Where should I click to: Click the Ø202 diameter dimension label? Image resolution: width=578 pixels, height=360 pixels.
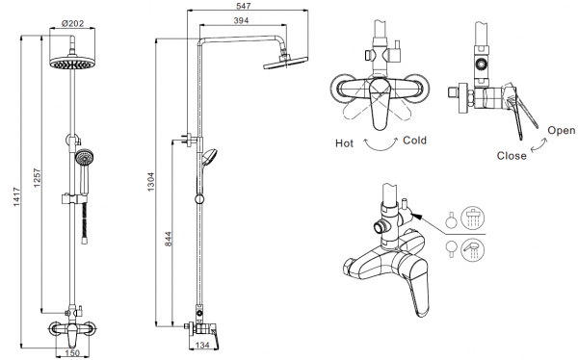click(x=72, y=23)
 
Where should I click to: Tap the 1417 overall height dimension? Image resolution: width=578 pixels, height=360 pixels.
click(x=16, y=196)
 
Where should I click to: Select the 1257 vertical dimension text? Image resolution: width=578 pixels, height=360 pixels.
click(x=38, y=178)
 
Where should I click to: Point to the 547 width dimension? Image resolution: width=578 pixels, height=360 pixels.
click(x=244, y=6)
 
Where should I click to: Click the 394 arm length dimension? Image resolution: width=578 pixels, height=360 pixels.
click(x=241, y=20)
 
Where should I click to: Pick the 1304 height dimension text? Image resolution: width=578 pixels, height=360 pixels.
click(x=151, y=182)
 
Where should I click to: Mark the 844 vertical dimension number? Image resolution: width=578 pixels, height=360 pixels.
click(x=168, y=239)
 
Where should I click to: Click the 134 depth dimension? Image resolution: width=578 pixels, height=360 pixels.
click(x=202, y=346)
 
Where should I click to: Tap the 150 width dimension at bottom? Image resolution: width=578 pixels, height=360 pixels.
click(x=72, y=353)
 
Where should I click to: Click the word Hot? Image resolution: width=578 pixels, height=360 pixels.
click(x=344, y=143)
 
